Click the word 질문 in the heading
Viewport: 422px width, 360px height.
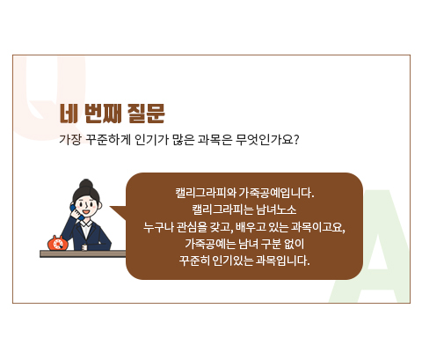146,114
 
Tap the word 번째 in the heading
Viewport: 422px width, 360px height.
103,114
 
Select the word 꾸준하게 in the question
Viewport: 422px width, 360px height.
108,140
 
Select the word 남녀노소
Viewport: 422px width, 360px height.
276,209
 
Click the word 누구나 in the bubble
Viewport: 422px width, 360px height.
158,227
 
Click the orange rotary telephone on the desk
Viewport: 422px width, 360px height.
58,243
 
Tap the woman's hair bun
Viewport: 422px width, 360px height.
86,184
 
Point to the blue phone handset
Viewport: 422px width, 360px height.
75,212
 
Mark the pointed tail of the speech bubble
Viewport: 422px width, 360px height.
110,207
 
